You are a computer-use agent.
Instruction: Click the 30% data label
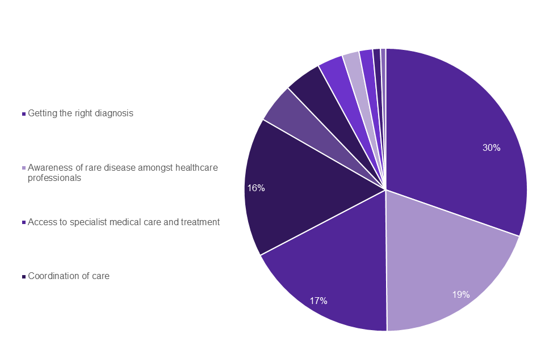pos(491,147)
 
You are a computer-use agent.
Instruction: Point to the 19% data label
pos(460,294)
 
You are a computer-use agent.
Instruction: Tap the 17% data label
pos(318,301)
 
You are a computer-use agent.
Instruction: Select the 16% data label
pos(256,188)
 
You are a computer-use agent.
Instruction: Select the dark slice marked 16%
pos(301,187)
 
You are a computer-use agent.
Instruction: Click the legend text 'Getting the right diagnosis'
pos(81,113)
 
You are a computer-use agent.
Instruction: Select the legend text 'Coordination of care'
pos(69,276)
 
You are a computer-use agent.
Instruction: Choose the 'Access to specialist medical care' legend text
pos(124,222)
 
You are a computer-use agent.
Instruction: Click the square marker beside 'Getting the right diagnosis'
pos(23,113)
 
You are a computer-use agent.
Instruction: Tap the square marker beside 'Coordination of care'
pos(23,277)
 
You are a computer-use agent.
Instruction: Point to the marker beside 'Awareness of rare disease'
pos(23,168)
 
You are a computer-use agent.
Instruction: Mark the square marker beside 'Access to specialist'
pos(23,223)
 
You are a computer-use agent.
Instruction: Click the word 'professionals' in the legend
pos(54,178)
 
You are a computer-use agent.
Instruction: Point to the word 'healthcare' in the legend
pos(196,168)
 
